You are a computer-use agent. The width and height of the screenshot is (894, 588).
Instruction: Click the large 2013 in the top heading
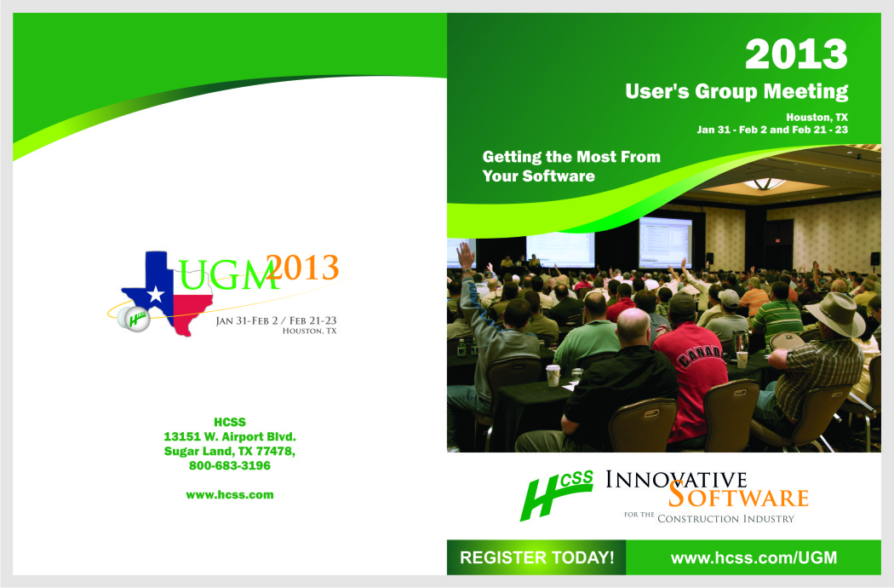796,55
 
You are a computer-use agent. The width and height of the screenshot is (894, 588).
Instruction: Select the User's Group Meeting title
736,91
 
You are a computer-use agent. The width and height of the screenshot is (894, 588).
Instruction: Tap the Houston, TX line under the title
817,117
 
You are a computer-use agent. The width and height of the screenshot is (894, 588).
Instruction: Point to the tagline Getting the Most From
571,157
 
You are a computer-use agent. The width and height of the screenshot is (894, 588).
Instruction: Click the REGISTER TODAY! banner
537,557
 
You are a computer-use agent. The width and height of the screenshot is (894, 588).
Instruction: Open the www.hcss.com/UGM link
754,557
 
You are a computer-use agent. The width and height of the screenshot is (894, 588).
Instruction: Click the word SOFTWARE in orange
739,495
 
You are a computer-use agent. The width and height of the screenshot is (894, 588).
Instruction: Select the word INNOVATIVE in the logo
676,480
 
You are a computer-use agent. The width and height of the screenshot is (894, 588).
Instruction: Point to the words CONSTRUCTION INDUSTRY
725,519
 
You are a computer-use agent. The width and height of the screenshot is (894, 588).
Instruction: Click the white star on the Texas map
155,295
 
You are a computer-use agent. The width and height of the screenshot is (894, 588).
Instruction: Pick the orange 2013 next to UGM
303,268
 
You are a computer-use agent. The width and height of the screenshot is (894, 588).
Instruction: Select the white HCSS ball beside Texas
134,319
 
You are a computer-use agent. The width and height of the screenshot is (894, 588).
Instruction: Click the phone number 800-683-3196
230,465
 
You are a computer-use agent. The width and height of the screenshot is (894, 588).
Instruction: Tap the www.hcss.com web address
230,495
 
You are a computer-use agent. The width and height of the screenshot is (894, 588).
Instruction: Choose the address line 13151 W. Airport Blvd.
230,436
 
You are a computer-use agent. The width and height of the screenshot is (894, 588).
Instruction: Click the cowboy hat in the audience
836,313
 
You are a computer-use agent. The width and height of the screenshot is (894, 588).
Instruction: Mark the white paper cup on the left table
553,376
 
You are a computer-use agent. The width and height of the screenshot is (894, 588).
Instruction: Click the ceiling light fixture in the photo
765,184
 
